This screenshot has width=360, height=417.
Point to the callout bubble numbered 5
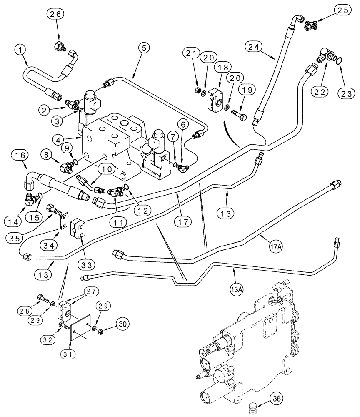[143, 48]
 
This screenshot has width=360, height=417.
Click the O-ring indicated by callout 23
[340, 61]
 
